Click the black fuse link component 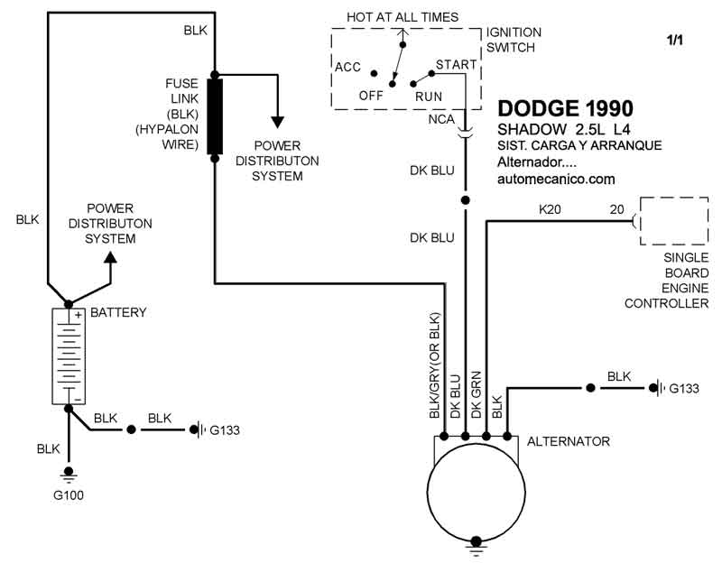[x=215, y=116]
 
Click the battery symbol [x=67, y=356]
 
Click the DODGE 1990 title [x=565, y=109]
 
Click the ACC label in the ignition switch [x=347, y=67]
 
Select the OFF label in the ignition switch [x=371, y=95]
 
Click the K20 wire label [x=550, y=208]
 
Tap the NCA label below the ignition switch [x=442, y=119]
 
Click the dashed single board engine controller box [x=672, y=220]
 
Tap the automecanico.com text [x=556, y=180]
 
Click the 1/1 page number [x=675, y=41]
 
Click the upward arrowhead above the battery [x=111, y=258]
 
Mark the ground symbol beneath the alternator [x=474, y=543]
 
